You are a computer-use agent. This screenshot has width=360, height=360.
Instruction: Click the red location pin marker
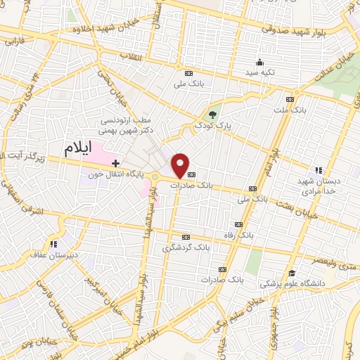(181, 165)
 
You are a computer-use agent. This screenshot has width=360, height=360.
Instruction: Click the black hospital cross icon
(116, 162)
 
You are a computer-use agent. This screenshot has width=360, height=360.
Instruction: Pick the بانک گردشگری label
(186, 247)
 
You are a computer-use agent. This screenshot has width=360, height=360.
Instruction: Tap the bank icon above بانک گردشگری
(186, 237)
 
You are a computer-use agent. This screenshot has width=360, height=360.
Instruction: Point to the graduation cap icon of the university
(291, 273)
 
